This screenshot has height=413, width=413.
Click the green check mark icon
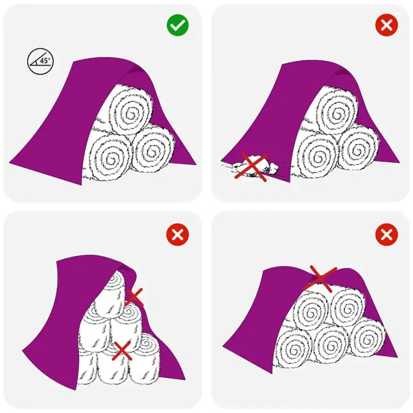coord(178,25)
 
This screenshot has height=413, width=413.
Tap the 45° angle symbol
coord(40,61)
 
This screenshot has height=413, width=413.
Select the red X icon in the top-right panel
coord(386,25)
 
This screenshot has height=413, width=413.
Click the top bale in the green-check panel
coord(131,112)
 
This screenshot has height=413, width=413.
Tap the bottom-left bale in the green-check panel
coord(110,155)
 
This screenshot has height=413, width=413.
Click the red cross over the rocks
coord(251,167)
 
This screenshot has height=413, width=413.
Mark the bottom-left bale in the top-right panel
coord(318,155)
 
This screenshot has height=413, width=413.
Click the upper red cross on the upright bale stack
coord(134,296)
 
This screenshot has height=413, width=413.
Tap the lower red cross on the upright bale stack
coord(122,350)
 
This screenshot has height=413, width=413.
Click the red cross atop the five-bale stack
coord(321,278)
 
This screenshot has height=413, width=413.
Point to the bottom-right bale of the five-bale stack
coord(367,339)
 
